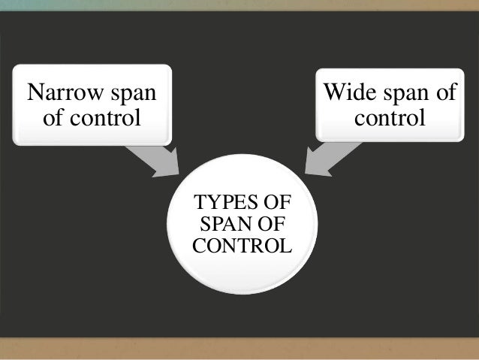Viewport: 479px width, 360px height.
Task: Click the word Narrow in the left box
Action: click(x=63, y=94)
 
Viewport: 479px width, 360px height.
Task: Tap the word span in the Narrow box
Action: click(x=129, y=94)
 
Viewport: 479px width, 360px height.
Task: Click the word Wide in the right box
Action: click(x=345, y=94)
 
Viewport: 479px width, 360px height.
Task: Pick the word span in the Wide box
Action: click(x=400, y=94)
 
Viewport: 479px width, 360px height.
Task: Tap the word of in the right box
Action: click(x=444, y=94)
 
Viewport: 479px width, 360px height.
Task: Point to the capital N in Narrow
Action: click(x=34, y=94)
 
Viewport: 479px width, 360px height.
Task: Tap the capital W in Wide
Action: click(x=333, y=94)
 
